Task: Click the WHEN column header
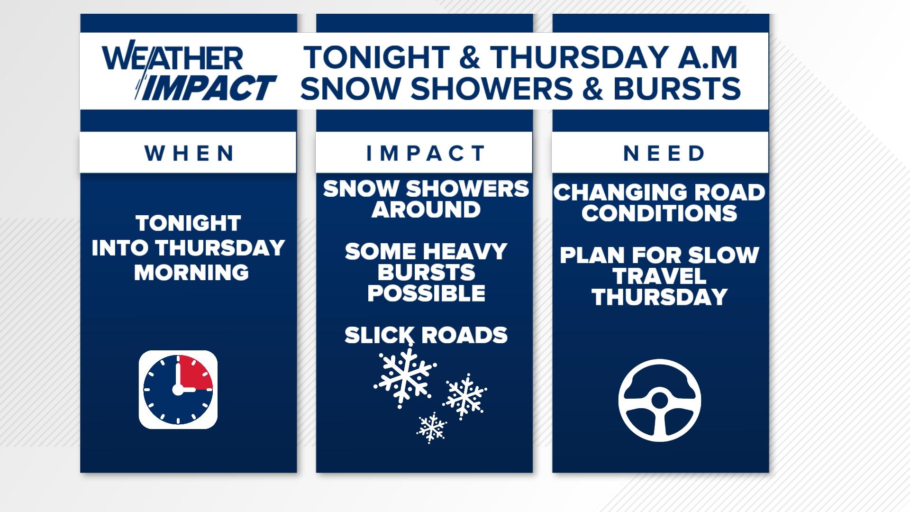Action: (189, 153)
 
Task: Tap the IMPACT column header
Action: (425, 153)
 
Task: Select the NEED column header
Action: (664, 153)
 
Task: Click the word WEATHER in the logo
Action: (173, 58)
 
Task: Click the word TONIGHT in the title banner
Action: (377, 57)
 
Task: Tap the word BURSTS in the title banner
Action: (676, 88)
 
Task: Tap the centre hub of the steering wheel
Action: (659, 401)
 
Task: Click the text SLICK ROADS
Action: (426, 335)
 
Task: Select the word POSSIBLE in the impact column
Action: (426, 293)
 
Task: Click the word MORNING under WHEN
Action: (191, 272)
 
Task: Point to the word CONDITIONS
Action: (659, 213)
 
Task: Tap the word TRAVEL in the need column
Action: (659, 276)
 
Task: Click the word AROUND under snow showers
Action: (426, 210)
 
